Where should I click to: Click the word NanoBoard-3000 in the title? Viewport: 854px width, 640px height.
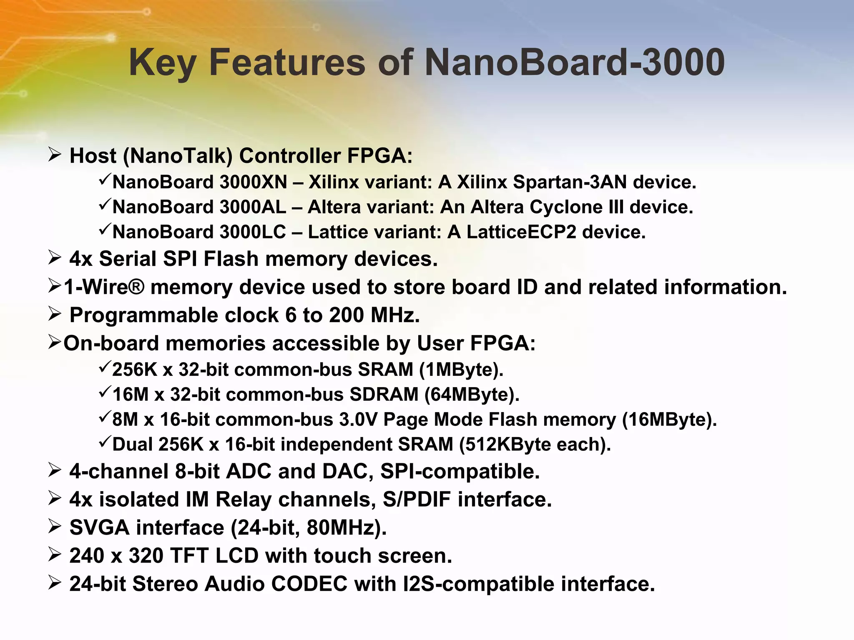(x=574, y=62)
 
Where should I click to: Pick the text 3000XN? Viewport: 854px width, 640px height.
(x=254, y=182)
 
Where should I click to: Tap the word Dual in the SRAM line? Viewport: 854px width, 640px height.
(x=133, y=445)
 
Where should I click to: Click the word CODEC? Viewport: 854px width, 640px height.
(x=309, y=584)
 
